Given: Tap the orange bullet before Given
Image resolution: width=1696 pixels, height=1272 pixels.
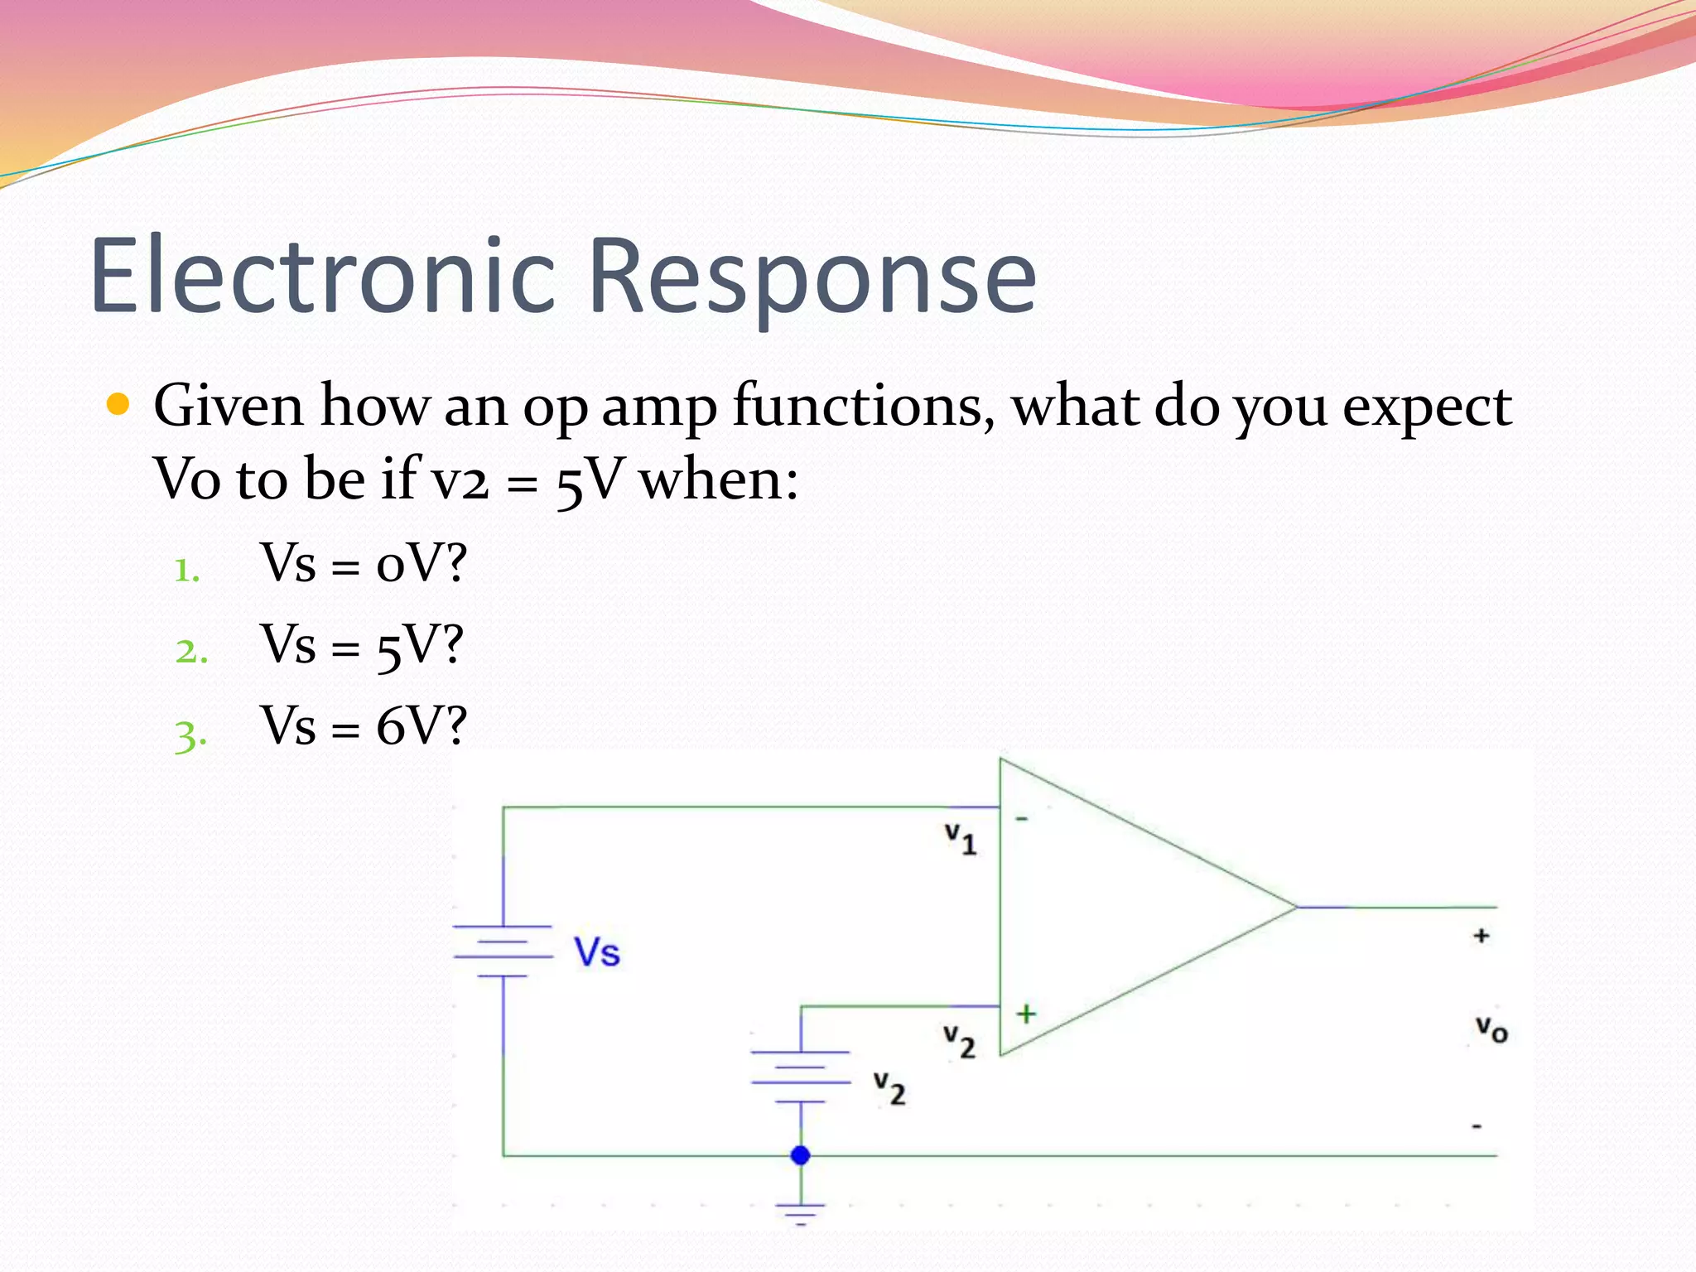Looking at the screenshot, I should click(x=118, y=405).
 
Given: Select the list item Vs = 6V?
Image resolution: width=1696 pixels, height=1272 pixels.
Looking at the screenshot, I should click(x=364, y=725).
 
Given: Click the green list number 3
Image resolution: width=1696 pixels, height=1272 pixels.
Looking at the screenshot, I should click(x=189, y=735).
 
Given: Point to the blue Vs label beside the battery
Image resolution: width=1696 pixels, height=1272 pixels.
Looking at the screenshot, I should click(x=597, y=952).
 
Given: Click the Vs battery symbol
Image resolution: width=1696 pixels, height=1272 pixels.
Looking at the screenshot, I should click(x=503, y=951).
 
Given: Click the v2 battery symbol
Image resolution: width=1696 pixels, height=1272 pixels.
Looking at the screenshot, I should click(x=801, y=1077).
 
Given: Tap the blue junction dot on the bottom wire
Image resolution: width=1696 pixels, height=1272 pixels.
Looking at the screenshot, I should click(x=800, y=1154).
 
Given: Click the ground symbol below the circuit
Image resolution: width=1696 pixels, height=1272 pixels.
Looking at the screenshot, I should click(x=800, y=1213).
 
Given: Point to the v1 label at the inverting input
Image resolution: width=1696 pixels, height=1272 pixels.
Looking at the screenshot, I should click(x=961, y=838).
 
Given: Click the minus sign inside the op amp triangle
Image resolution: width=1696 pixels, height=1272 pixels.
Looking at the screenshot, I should click(x=1022, y=819).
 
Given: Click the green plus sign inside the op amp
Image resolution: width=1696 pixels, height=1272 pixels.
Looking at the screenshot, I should click(x=1026, y=1014).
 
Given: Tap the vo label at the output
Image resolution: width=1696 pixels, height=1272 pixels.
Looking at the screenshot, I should click(x=1491, y=1029).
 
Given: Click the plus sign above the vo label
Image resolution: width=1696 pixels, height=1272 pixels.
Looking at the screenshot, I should click(x=1482, y=936).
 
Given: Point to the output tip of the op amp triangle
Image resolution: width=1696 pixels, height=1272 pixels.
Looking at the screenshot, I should click(x=1294, y=907).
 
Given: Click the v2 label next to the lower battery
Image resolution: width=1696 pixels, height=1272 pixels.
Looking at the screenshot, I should click(x=889, y=1088).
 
